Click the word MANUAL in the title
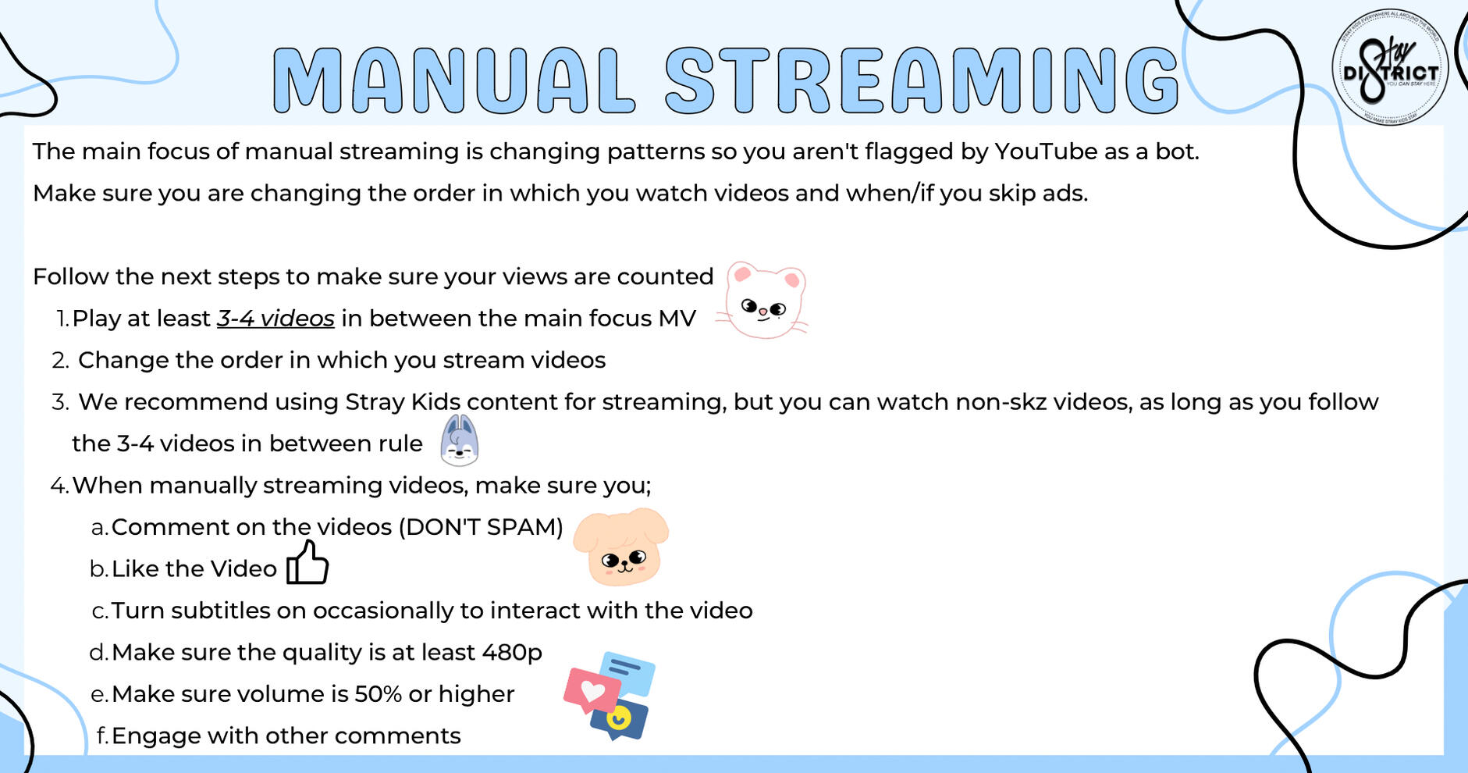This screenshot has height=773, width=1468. [453, 80]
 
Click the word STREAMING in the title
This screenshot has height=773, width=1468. [922, 80]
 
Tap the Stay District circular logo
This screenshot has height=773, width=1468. [1390, 67]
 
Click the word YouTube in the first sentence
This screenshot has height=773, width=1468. [1046, 151]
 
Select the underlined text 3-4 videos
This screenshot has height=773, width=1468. [275, 319]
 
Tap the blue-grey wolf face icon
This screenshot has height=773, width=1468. [459, 440]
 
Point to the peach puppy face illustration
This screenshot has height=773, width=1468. [621, 547]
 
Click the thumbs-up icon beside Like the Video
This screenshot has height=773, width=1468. [307, 562]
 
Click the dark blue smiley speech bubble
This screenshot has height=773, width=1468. [620, 720]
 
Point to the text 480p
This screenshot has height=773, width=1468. [512, 653]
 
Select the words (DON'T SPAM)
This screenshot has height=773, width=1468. [481, 527]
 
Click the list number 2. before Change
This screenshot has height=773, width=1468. [61, 361]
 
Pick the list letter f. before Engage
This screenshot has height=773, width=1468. [101, 736]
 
